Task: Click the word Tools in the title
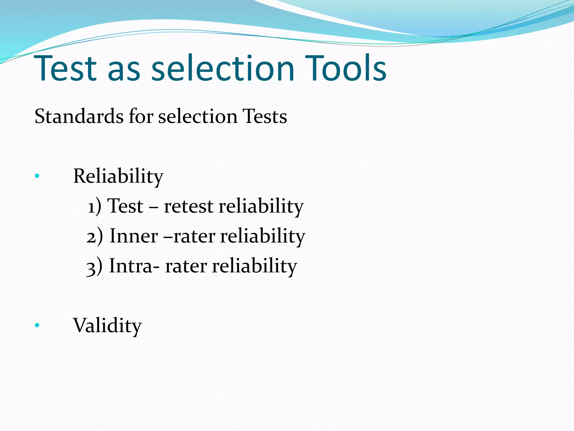(x=346, y=68)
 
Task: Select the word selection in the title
(x=223, y=68)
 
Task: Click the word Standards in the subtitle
(x=79, y=116)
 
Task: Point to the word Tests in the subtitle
(x=265, y=116)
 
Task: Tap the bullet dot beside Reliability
(x=37, y=176)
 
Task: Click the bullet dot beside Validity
(x=37, y=325)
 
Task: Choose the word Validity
(x=107, y=325)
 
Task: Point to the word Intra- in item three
(x=135, y=266)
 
